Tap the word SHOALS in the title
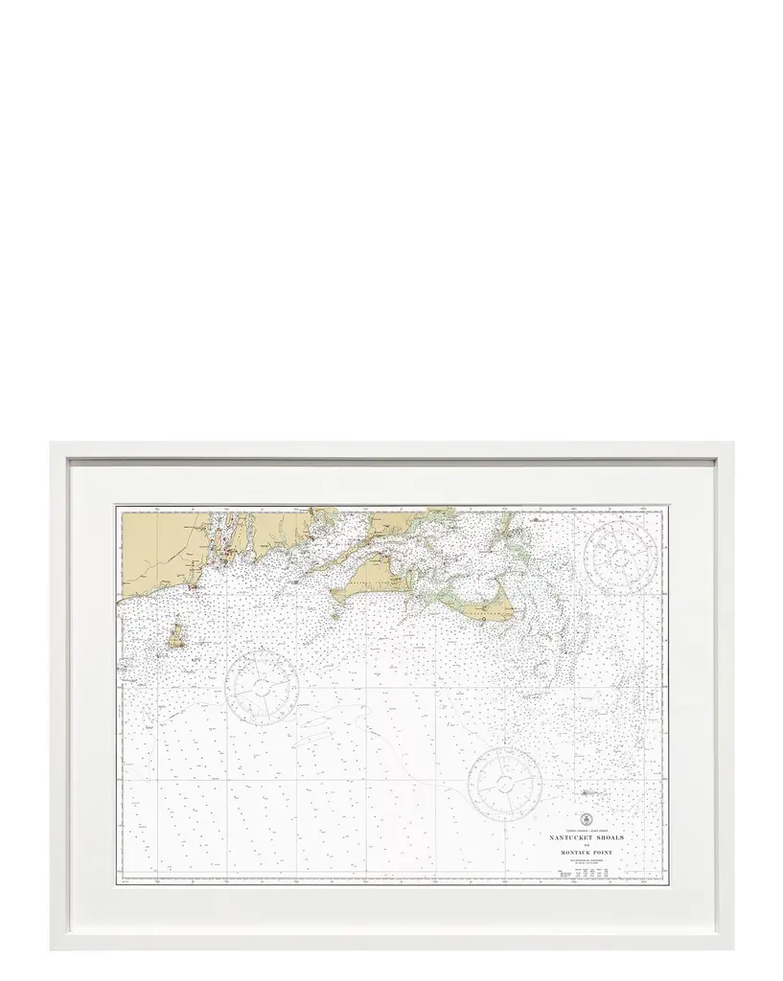(610, 837)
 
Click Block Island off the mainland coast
(176, 635)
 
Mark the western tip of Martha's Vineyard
(334, 594)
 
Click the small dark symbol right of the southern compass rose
(589, 792)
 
